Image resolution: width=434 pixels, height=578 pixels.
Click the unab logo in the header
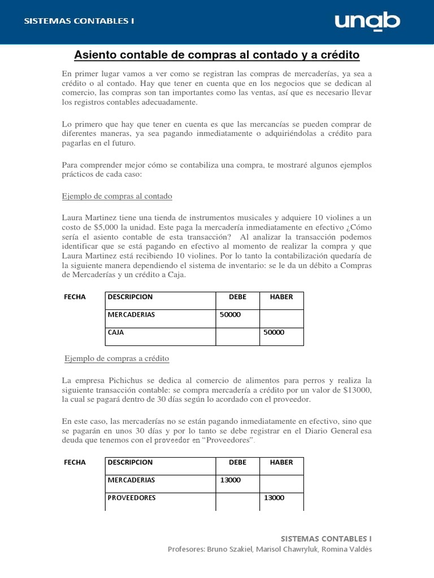pyautogui.click(x=367, y=22)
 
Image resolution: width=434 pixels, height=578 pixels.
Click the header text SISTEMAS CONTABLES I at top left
pyautogui.click(x=79, y=21)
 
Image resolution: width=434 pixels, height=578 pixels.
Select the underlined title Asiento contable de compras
pyautogui.click(x=217, y=55)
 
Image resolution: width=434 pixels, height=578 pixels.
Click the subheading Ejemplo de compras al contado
pyautogui.click(x=117, y=196)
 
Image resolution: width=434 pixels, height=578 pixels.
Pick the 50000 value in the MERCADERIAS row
pyautogui.click(x=230, y=314)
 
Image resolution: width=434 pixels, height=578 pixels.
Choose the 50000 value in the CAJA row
pyautogui.click(x=274, y=332)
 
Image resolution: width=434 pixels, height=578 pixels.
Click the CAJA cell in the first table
pyautogui.click(x=115, y=332)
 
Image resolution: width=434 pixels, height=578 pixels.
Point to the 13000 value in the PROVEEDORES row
pyautogui.click(x=274, y=498)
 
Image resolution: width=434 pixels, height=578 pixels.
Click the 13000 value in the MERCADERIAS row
pyautogui.click(x=230, y=480)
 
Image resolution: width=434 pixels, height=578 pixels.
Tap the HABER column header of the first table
pyautogui.click(x=281, y=297)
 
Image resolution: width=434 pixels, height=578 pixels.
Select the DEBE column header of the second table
pyautogui.click(x=237, y=462)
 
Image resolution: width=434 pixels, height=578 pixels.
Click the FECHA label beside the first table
pyautogui.click(x=75, y=297)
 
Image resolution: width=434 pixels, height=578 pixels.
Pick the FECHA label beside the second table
pyautogui.click(x=75, y=462)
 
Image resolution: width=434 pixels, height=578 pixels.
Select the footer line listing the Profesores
pyautogui.click(x=270, y=549)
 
